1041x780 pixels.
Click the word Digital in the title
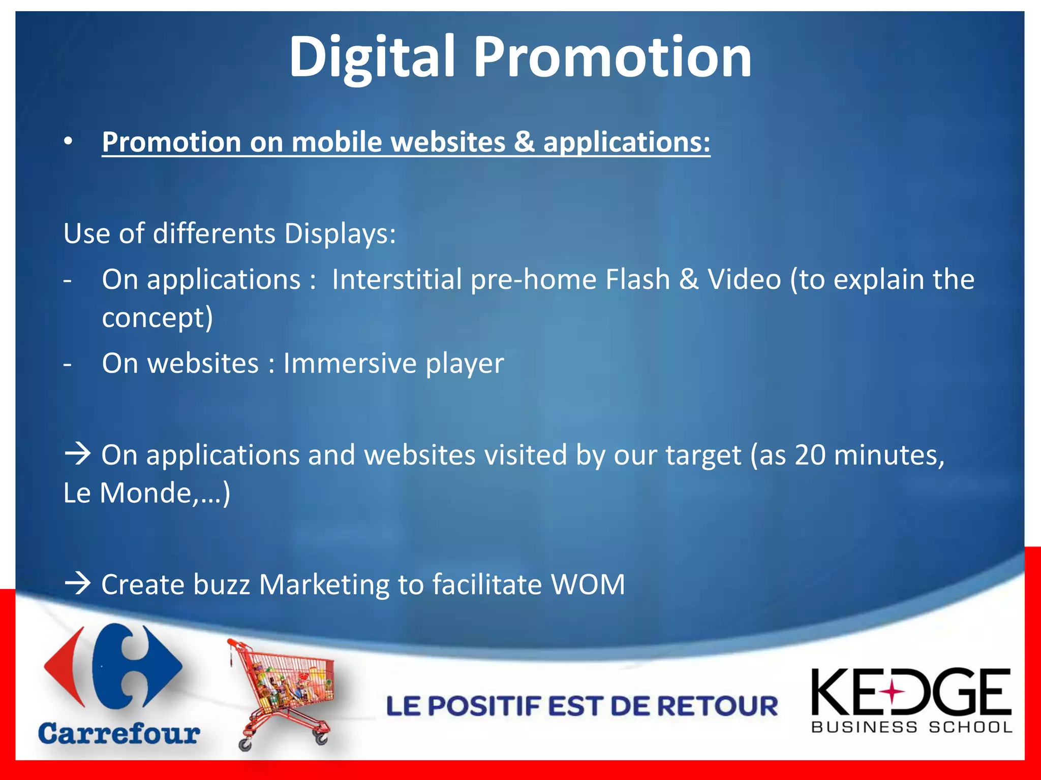pos(372,57)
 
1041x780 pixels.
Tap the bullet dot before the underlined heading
pos(68,142)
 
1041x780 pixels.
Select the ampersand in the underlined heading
pos(524,142)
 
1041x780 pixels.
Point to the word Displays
pos(340,234)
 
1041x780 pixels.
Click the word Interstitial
pos(396,279)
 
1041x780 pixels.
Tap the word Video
pos(744,279)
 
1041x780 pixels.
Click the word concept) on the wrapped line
pos(157,318)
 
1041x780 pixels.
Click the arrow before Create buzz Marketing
pos(77,584)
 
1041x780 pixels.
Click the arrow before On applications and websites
pos(77,453)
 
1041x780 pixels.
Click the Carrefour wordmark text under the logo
pos(119,734)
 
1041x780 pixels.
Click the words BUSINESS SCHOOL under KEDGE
pos(912,727)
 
